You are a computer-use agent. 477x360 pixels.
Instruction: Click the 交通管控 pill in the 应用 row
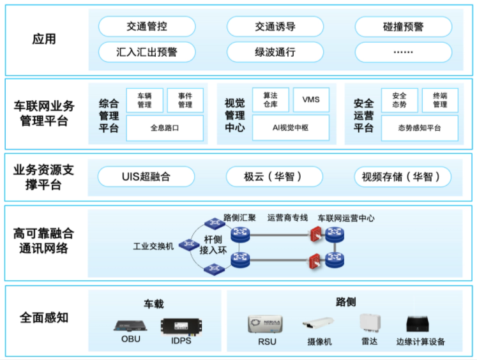(x=146, y=27)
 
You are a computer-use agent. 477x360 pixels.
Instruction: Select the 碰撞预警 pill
(x=403, y=27)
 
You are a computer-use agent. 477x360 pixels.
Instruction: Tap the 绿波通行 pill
(x=275, y=52)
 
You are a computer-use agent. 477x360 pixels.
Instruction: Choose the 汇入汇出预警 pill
(x=146, y=52)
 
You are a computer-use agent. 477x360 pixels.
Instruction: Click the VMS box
(x=311, y=100)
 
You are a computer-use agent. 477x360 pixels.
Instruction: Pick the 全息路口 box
(x=165, y=128)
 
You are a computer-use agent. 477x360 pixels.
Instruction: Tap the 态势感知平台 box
(x=419, y=128)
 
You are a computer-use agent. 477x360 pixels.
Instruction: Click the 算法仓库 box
(x=271, y=100)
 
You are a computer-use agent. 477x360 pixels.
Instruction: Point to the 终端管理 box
(x=440, y=100)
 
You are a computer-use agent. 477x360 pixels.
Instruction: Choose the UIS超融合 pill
(x=146, y=176)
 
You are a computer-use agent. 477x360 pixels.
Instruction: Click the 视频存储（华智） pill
(x=402, y=176)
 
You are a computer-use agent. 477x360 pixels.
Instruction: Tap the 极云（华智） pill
(x=274, y=176)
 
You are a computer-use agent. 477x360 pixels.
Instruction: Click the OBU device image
(x=131, y=325)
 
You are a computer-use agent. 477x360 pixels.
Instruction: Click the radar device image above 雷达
(x=369, y=323)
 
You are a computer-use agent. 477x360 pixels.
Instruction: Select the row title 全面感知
(x=44, y=317)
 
